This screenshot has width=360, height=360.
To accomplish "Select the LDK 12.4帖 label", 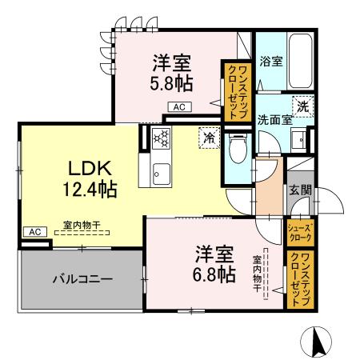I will point(91,178).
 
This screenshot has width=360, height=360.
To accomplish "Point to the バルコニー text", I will point(82,280).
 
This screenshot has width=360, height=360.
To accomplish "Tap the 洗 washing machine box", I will point(302,105).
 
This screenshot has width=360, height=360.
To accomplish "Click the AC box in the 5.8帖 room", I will point(178,106).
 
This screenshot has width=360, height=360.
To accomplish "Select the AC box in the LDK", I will point(34,231).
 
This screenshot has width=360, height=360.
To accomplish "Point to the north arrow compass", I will point(318,342).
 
